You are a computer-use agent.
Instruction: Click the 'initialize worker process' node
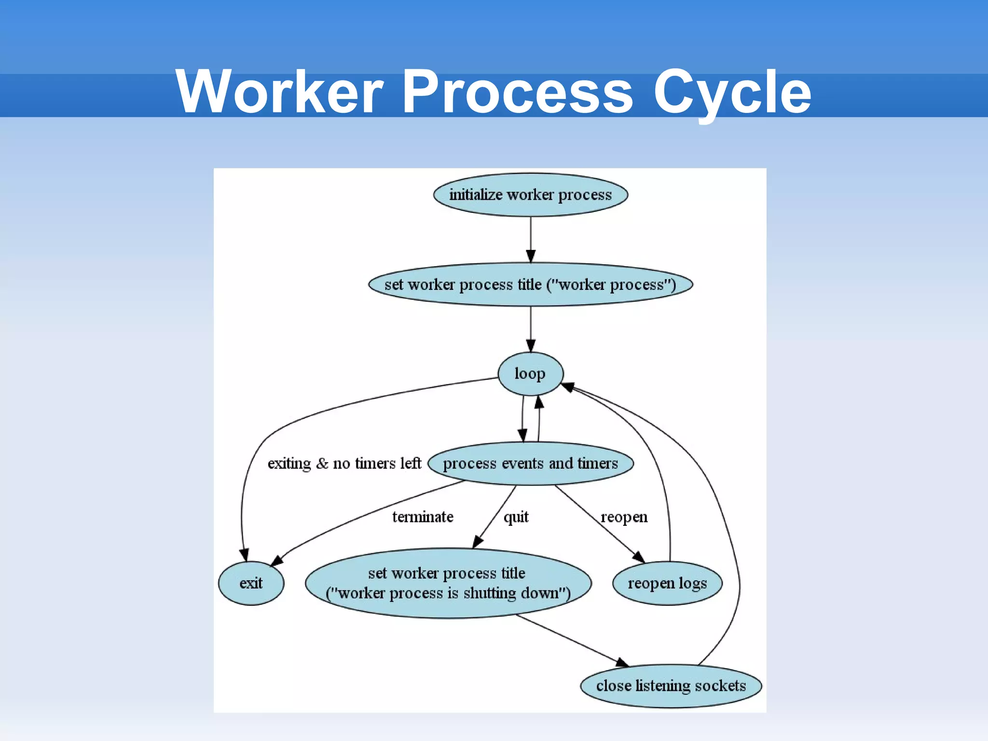530,195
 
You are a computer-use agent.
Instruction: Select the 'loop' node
530,374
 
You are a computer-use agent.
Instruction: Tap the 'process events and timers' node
530,464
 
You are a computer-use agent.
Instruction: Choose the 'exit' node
251,583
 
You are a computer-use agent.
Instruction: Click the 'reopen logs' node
667,583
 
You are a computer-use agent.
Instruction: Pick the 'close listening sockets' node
671,686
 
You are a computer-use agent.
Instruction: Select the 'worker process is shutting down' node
448,583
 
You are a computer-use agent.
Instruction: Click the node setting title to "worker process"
530,285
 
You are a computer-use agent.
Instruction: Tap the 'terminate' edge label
423,517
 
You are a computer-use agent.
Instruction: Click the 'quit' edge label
516,517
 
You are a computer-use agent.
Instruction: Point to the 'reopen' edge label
624,517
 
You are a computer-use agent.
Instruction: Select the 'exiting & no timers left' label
344,464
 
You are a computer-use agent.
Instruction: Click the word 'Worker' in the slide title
279,92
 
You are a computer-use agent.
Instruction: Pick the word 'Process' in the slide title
517,92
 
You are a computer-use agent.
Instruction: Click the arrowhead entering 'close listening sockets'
622,662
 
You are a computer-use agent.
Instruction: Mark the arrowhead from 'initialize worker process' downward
531,256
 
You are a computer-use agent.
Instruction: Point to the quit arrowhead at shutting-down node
477,542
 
